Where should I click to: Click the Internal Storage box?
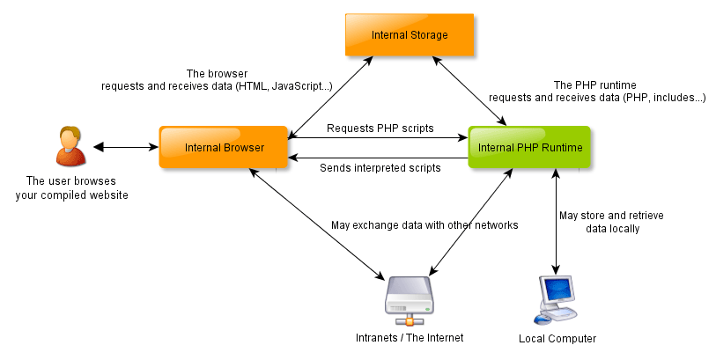point(409,36)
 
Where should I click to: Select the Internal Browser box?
point(224,147)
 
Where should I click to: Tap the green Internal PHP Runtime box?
point(529,147)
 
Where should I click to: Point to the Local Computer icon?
point(556,299)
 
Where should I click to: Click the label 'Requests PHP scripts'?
point(380,129)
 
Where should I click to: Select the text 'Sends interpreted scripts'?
point(380,166)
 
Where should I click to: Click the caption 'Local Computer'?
point(557,339)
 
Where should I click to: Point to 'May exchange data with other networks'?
point(424,225)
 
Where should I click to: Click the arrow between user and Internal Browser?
point(122,147)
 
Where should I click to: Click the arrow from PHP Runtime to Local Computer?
point(556,220)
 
